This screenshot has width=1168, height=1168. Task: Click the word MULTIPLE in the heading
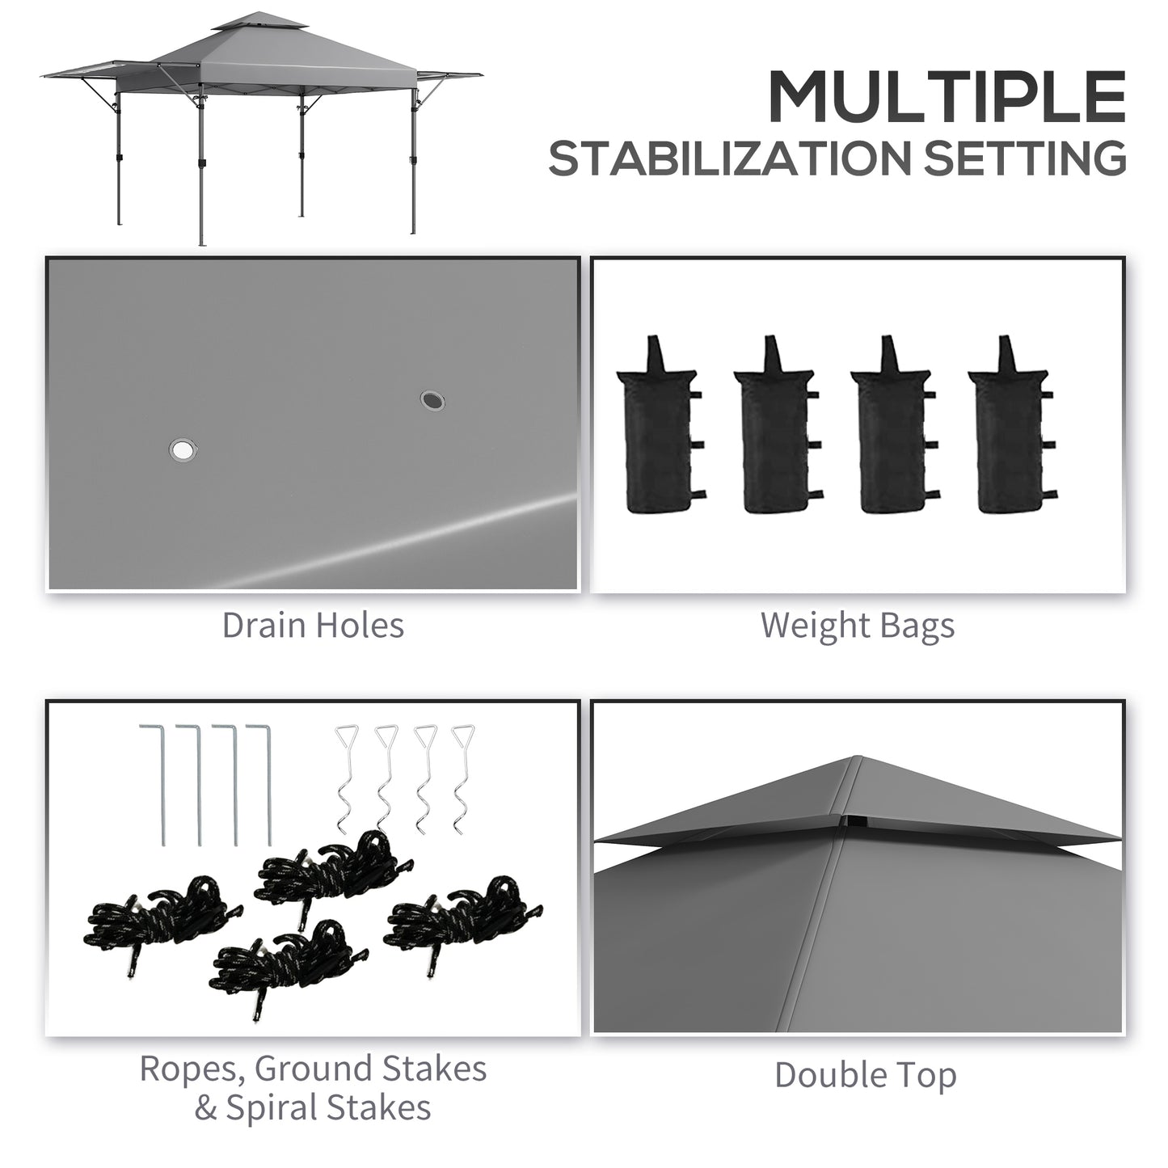click(x=946, y=97)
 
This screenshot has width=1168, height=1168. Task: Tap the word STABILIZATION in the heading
click(x=732, y=158)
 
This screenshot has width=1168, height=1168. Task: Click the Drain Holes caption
click(x=313, y=626)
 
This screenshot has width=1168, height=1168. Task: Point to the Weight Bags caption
click(x=858, y=626)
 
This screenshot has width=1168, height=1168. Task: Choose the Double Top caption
click(x=865, y=1075)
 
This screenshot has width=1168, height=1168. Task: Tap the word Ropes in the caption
click(x=190, y=1069)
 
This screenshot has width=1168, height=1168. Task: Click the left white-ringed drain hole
click(x=183, y=449)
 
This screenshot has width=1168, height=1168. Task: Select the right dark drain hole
click(x=432, y=399)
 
